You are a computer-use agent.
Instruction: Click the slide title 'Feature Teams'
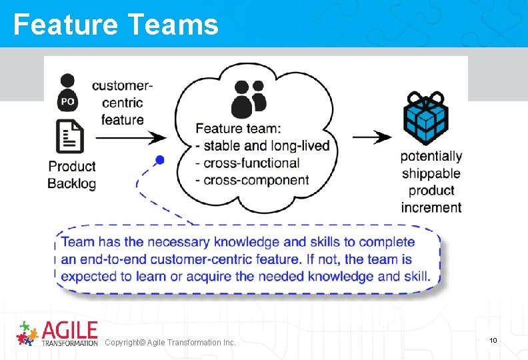tap(115, 25)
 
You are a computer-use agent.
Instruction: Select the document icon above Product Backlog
tap(69, 136)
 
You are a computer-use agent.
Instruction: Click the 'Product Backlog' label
tap(72, 175)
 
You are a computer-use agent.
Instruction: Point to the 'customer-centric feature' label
tap(122, 103)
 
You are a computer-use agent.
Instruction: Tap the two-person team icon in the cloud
tap(249, 98)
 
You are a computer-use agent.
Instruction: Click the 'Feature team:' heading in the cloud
tap(238, 128)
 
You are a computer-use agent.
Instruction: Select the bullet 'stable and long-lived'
tap(263, 145)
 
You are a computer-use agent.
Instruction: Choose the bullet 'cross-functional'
tap(247, 163)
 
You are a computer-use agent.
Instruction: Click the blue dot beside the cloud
tap(159, 160)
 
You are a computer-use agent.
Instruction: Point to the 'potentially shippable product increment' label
tap(431, 181)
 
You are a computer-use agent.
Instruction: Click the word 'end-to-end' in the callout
tap(111, 259)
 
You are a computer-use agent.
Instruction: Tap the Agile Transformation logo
tap(57, 333)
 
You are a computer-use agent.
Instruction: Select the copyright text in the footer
tap(170, 342)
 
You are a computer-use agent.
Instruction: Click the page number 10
tap(493, 341)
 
